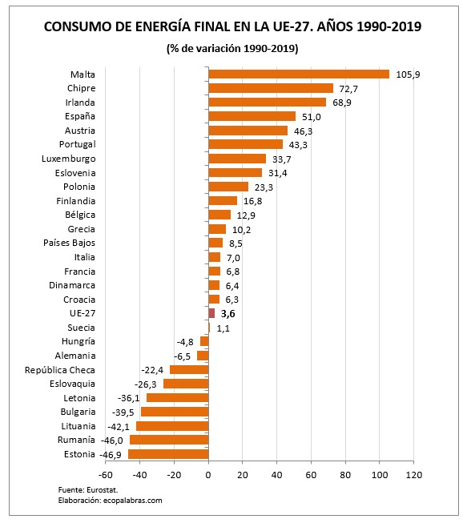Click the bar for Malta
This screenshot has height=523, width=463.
point(298,74)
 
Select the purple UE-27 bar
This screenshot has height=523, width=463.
point(211,313)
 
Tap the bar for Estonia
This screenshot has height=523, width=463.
point(168,454)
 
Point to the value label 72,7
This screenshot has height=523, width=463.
point(348,88)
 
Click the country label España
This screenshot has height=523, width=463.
point(80,116)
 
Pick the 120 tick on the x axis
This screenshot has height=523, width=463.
point(413,475)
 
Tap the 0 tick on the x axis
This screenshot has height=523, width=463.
point(208,475)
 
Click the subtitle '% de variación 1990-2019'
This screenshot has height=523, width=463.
point(232,50)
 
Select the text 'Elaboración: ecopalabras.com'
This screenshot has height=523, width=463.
point(110,500)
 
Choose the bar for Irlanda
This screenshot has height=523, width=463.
point(268,102)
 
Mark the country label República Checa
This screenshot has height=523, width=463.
point(60,370)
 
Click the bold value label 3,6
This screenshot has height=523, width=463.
point(227,314)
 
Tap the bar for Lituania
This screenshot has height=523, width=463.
point(172,426)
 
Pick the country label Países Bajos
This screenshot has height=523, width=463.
point(70,243)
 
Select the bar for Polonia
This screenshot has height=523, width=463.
point(228,187)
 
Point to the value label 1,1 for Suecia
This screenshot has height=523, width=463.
point(223,328)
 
